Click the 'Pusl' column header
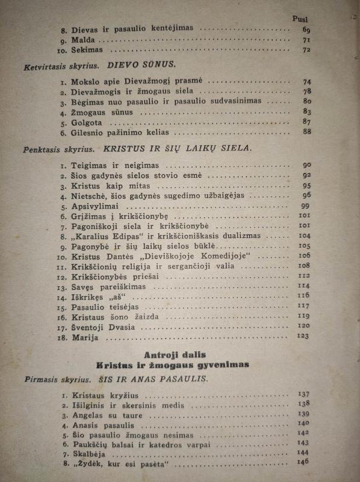click(x=300, y=17)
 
